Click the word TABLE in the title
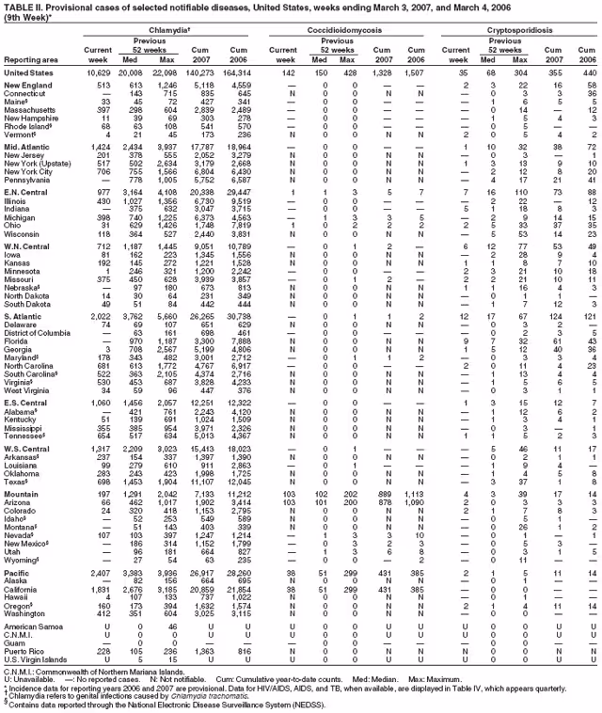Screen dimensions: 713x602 [x=19, y=7]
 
